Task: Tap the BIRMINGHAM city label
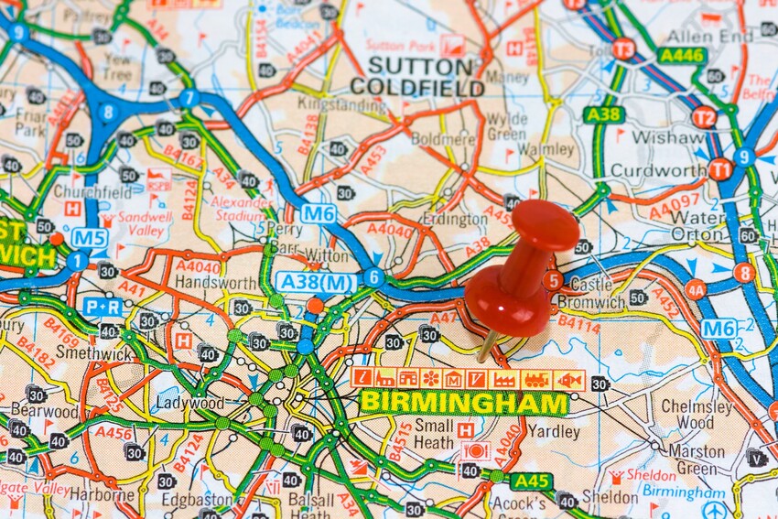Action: coord(464,403)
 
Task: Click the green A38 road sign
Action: coord(603,114)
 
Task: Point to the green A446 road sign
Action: coord(681,56)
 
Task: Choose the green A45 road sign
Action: coord(531,481)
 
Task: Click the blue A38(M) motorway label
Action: coord(317,282)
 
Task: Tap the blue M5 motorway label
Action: coord(90,238)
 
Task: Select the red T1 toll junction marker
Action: coord(720,169)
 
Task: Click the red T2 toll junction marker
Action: coord(704,117)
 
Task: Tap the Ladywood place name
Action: coord(189,403)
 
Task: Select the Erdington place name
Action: coord(455,220)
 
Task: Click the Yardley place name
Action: coord(553,429)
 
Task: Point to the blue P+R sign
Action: coord(103,307)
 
